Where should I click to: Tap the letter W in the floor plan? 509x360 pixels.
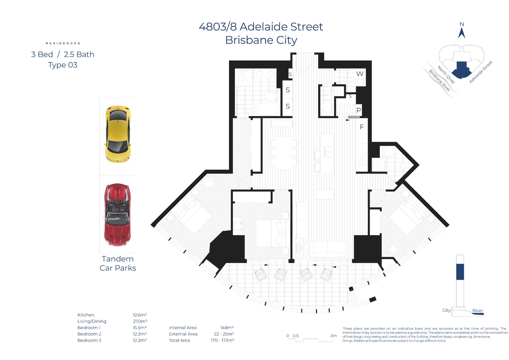[359, 74]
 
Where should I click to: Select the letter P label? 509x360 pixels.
[359, 110]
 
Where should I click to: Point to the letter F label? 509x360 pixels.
[361, 127]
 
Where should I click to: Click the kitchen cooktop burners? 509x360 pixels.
[362, 159]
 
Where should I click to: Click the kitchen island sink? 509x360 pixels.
[328, 151]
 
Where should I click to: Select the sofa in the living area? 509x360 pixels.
[327, 249]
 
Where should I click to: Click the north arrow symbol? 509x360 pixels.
[462, 33]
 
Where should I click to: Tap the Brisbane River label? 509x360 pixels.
[439, 81]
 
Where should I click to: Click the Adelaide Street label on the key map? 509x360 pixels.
[481, 72]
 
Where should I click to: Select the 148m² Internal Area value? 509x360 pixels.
[227, 328]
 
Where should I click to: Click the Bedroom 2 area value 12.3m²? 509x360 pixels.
[140, 334]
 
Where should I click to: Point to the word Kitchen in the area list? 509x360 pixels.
[86, 315]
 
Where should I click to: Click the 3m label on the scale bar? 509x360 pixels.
[333, 335]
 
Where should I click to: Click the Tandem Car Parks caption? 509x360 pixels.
[118, 263]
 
